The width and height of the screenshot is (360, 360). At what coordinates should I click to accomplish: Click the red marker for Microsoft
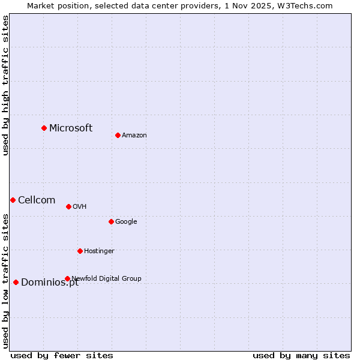coord(44,128)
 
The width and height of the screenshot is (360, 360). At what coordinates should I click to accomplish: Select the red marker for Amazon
coord(118,135)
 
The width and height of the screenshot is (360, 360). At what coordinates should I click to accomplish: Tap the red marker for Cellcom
coord(13,200)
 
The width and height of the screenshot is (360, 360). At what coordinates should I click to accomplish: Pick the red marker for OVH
coord(68,206)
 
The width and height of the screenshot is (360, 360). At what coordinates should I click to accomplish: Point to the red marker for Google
coord(111,221)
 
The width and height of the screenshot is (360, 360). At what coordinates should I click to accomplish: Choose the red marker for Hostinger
coord(80,251)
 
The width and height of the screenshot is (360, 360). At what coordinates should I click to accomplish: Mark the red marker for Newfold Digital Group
coord(67,278)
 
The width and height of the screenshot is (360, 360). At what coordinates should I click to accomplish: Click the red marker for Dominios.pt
coord(16,282)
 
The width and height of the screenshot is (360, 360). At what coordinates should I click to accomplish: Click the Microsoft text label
coord(71,128)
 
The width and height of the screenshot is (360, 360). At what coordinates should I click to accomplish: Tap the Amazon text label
coord(134,135)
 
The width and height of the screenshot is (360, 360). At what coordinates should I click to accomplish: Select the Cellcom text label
coord(37,200)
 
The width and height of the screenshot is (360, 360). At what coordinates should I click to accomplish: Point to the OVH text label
coord(80,206)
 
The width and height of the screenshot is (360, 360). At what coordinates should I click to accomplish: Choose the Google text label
coord(126,221)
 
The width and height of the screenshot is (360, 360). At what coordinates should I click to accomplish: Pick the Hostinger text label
coord(99,251)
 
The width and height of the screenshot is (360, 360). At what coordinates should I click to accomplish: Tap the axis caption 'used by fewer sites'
coord(62,355)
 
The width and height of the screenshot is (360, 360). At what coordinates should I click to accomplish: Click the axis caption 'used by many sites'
coord(301,355)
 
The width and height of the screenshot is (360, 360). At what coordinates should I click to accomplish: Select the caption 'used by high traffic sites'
coord(6,85)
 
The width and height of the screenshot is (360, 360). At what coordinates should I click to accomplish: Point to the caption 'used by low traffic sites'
coord(6,280)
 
